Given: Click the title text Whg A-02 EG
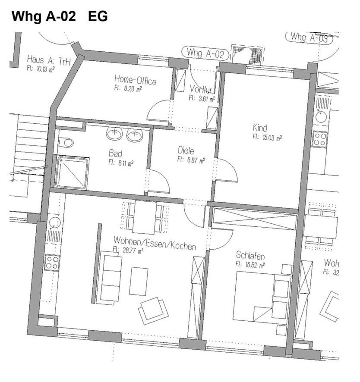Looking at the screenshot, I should [59, 16].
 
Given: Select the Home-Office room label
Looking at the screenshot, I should [135, 80].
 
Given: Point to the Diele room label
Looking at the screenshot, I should [186, 150].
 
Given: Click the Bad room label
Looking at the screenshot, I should [115, 153].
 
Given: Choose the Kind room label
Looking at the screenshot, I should [260, 128].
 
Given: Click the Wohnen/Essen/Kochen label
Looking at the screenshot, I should [155, 243].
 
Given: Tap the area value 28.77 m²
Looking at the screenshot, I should [128, 250].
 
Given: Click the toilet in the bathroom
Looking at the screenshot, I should [66, 142].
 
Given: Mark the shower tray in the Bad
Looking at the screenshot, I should [72, 172].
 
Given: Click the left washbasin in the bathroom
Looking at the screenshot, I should [114, 134].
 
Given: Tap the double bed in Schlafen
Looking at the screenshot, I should [261, 298].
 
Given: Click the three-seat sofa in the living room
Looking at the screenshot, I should [110, 278].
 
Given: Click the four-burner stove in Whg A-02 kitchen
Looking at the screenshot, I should [52, 262].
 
